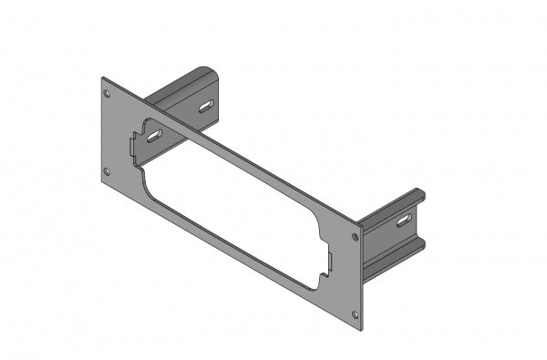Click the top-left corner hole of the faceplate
108,93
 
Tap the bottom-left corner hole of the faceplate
108,170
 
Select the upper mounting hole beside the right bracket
355,237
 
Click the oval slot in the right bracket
402,221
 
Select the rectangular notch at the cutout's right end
328,262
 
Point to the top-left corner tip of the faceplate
101,78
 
